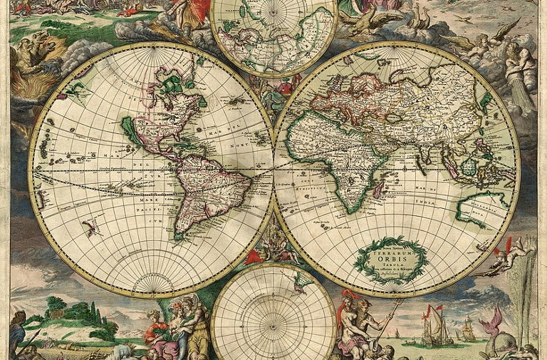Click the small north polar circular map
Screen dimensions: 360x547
click(x=273, y=36)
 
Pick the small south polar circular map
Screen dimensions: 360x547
click(x=273, y=314)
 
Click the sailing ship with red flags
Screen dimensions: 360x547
click(x=434, y=325)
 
